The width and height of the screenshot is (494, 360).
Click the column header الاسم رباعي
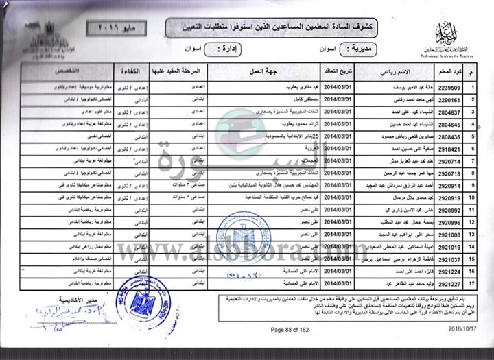point(395,71)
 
